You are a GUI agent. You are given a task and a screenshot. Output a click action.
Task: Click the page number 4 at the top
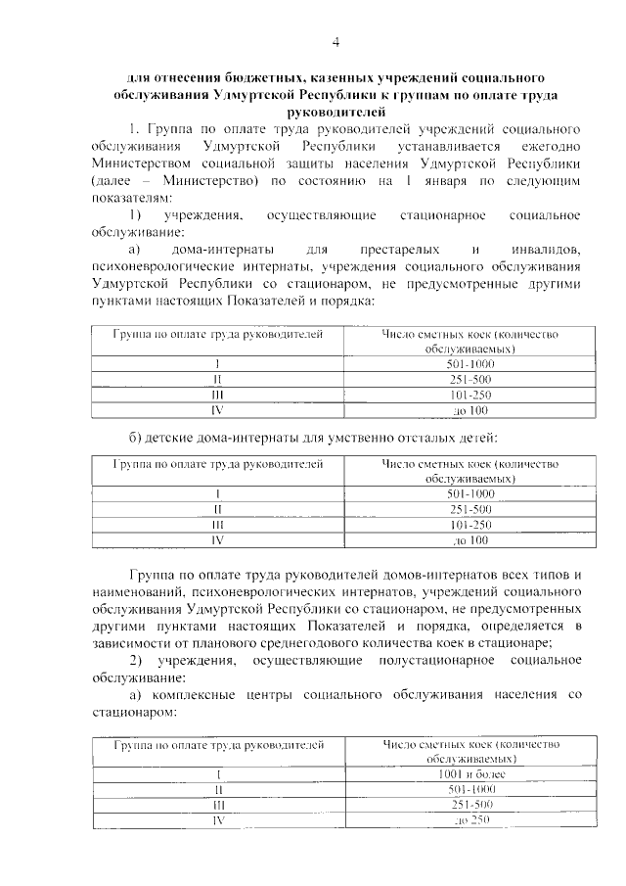pos(335,41)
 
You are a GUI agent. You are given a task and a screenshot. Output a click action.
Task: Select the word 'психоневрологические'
pos(156,266)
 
